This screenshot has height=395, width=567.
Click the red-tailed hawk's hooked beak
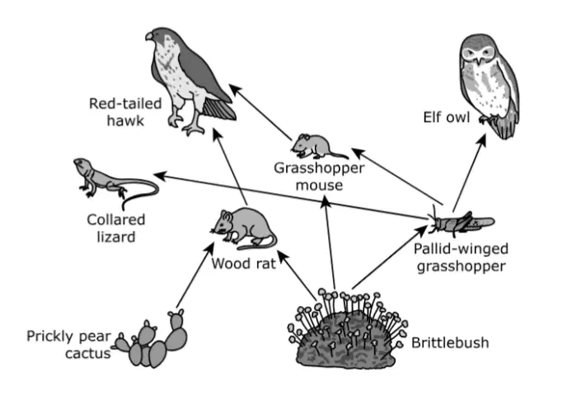click(x=149, y=36)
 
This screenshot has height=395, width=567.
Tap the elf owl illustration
click(x=489, y=86)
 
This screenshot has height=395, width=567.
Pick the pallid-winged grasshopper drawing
click(x=460, y=220)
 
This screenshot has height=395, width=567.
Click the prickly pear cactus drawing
click(x=152, y=339)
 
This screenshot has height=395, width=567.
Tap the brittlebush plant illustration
click(x=346, y=328)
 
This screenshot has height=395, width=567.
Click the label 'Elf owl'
click(x=447, y=117)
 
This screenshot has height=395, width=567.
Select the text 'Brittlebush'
click(x=450, y=342)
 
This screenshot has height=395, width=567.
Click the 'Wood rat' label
click(x=244, y=263)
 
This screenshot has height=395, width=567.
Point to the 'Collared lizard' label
click(x=116, y=228)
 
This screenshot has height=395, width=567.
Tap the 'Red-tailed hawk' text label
click(x=125, y=112)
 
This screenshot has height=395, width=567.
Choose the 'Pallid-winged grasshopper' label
click(x=461, y=257)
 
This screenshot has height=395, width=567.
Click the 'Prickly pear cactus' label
click(x=68, y=345)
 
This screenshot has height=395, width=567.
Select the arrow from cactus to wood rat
click(x=195, y=275)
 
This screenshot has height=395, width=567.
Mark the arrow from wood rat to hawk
click(x=230, y=167)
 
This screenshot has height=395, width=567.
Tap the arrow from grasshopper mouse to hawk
click(x=260, y=112)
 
